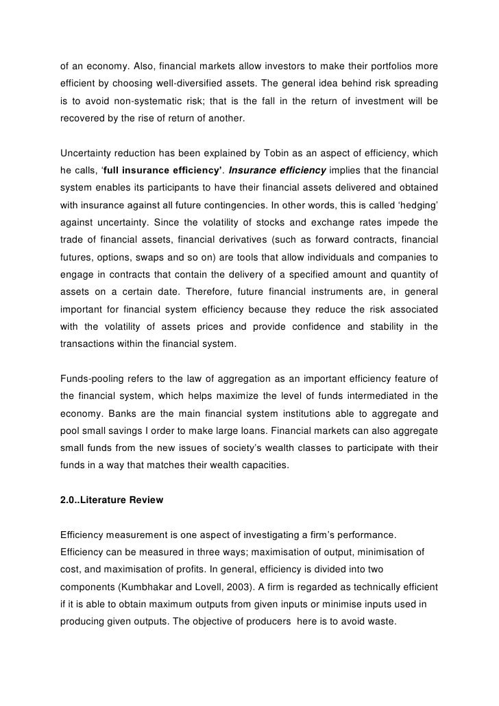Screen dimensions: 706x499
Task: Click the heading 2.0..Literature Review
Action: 112,500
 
